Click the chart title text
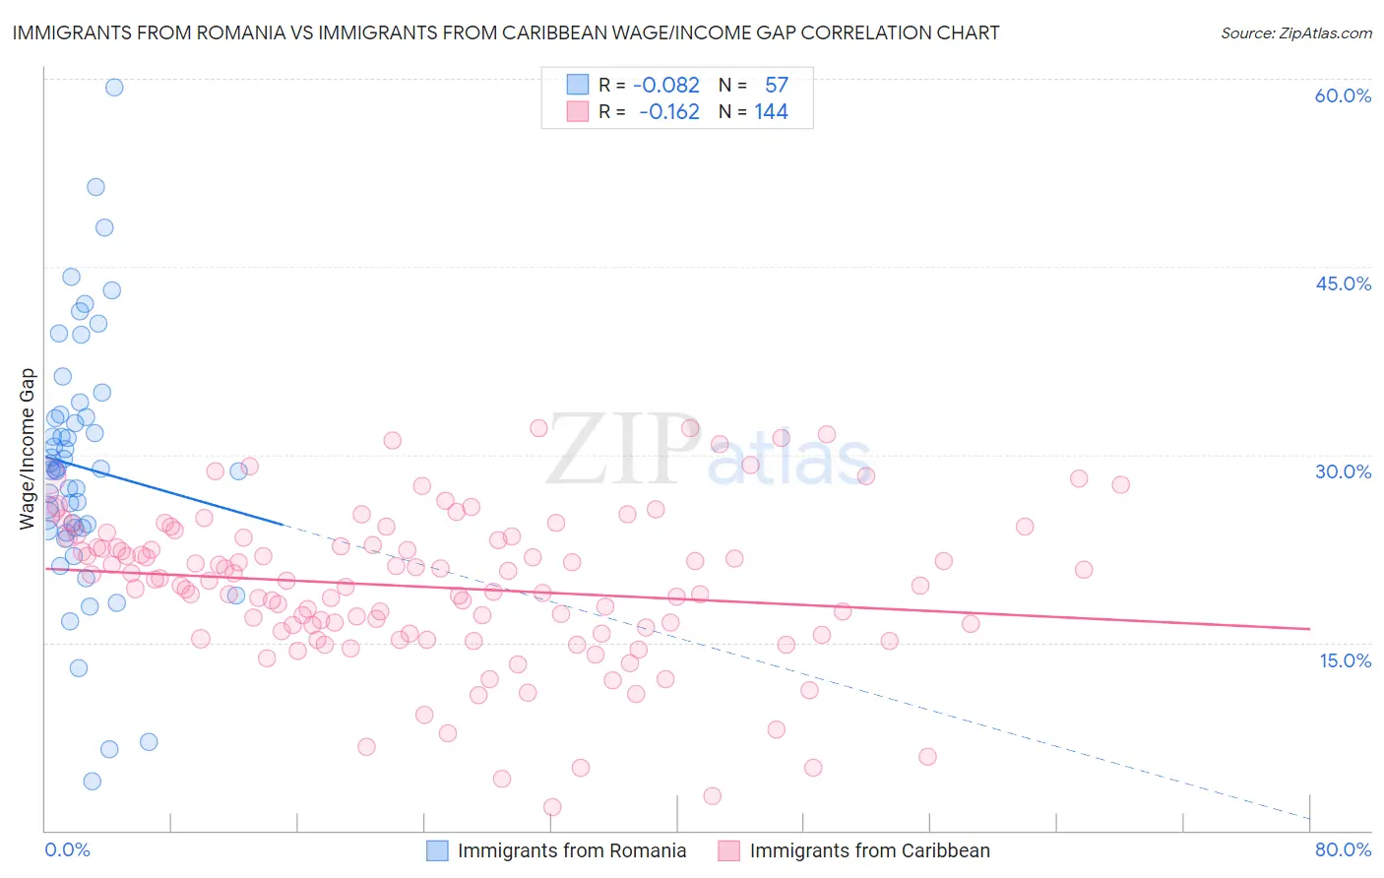click(x=506, y=32)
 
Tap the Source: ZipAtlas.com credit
click(x=1295, y=32)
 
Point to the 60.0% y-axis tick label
click(x=1343, y=95)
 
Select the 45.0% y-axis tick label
click(x=1343, y=283)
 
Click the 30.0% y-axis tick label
click(x=1343, y=471)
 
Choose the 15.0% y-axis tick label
click(x=1345, y=659)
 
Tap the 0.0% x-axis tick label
click(x=67, y=849)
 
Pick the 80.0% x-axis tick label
click(x=1343, y=849)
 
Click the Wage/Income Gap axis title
click(x=28, y=449)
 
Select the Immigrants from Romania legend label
click(x=572, y=850)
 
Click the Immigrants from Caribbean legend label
click(x=869, y=850)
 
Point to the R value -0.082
click(x=666, y=86)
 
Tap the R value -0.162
click(x=669, y=112)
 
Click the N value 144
click(x=772, y=112)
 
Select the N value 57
click(x=777, y=86)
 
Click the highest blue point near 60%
click(x=114, y=88)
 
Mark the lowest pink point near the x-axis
click(x=552, y=807)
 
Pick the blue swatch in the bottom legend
click(x=437, y=850)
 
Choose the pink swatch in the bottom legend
click(x=728, y=850)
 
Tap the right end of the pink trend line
click(x=1309, y=628)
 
